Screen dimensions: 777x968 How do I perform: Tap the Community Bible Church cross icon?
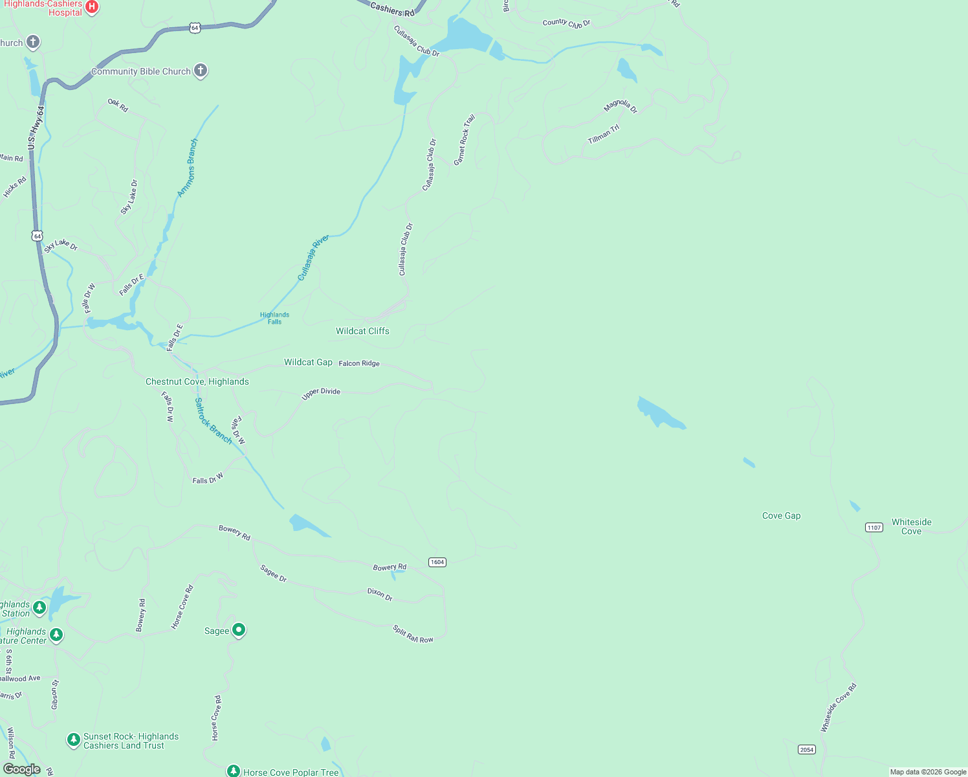[201, 71]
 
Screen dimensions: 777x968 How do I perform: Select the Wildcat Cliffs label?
[362, 331]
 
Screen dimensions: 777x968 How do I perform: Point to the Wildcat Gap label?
[308, 362]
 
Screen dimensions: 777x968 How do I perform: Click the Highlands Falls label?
[274, 318]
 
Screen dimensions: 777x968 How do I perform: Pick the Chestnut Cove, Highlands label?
[197, 381]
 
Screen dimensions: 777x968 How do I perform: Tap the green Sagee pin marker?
[239, 630]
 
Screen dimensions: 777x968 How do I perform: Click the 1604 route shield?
[437, 562]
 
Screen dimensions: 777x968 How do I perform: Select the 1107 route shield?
[874, 527]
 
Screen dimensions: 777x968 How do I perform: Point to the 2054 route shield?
[806, 749]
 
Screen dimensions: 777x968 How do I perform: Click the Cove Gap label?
[781, 515]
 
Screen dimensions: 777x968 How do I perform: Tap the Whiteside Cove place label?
[911, 526]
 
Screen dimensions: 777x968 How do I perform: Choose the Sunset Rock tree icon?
[74, 739]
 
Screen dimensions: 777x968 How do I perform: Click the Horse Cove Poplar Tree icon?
[234, 771]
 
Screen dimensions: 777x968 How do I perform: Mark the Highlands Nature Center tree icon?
[57, 635]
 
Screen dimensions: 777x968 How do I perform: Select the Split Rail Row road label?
[413, 634]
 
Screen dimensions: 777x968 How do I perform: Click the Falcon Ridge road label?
[359, 363]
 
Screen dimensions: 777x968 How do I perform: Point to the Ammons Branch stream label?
[188, 168]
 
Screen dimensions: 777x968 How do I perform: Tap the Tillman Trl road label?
[604, 134]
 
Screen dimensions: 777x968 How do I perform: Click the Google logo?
[21, 769]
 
